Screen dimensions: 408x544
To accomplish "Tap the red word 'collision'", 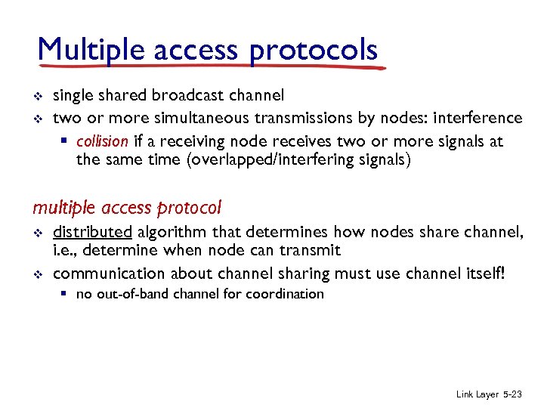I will [x=102, y=141].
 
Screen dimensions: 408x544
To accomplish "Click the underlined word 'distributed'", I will [x=92, y=232].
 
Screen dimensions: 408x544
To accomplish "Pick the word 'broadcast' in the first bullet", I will [x=186, y=95].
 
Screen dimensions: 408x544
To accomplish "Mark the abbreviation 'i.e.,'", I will [x=66, y=251].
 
